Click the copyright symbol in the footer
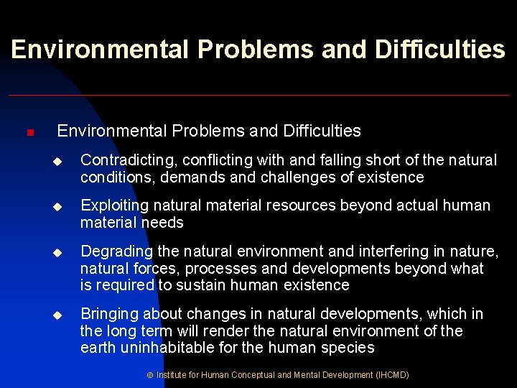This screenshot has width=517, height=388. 150,375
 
